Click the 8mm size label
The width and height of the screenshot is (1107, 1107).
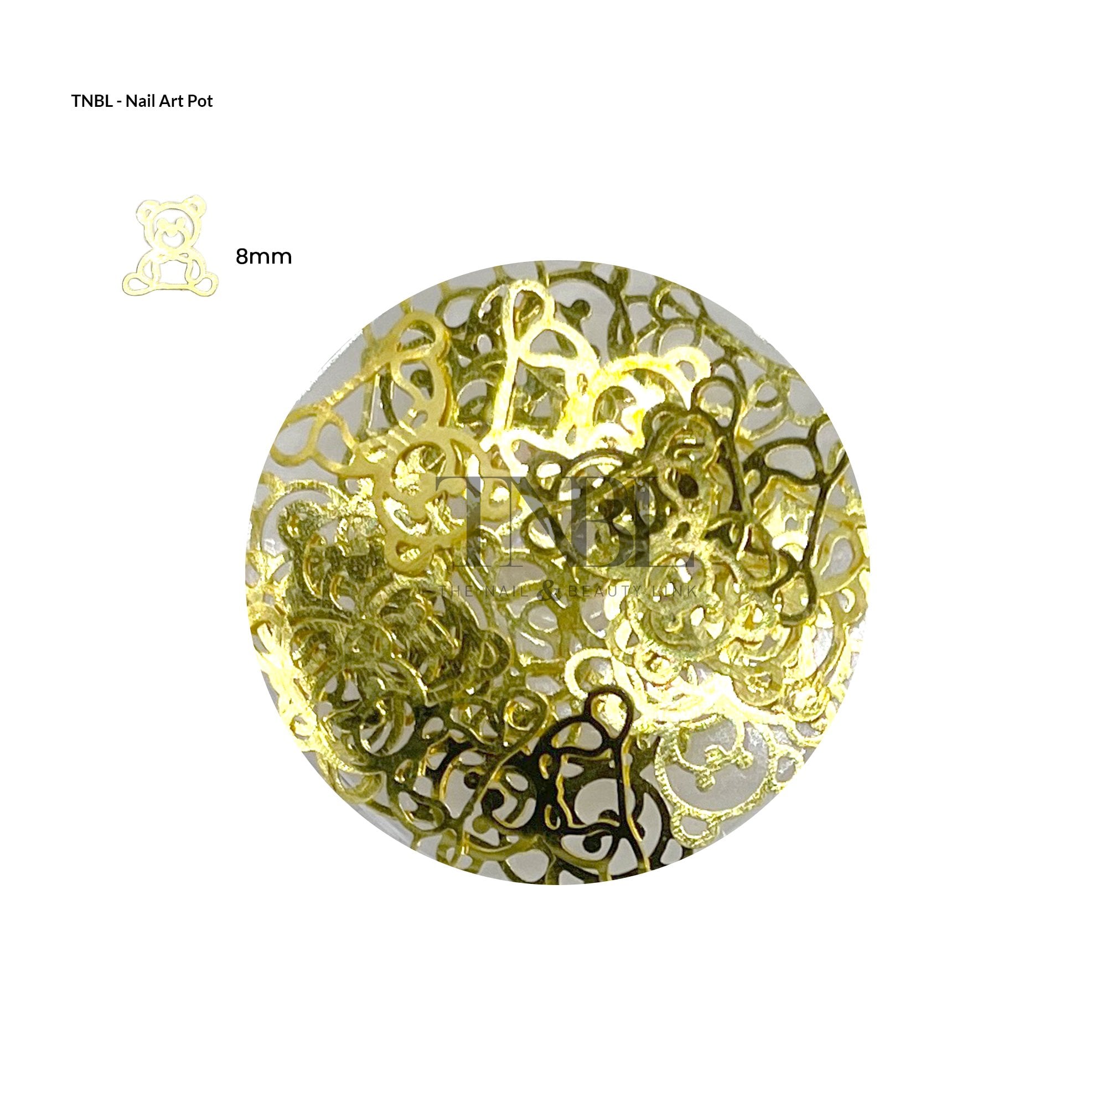point(263,257)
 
